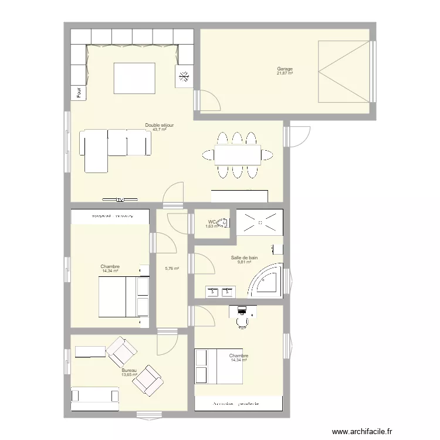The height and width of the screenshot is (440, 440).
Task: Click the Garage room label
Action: [285, 69]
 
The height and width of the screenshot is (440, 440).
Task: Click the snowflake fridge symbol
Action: [184, 76]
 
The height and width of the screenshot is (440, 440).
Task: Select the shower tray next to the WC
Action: [260, 222]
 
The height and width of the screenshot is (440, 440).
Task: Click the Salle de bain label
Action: [244, 258]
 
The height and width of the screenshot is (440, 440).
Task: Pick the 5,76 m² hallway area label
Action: [172, 269]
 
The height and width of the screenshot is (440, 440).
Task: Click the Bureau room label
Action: [129, 370]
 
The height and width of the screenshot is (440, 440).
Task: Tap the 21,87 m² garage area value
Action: [285, 73]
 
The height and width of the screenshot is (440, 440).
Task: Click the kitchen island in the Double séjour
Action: [134, 78]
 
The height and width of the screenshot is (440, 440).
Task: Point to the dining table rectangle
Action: [237, 155]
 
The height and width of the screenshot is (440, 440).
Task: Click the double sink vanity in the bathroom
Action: [221, 290]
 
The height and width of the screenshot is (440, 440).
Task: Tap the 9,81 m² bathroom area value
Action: [244, 262]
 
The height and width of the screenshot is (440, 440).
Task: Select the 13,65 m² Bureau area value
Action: [129, 375]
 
